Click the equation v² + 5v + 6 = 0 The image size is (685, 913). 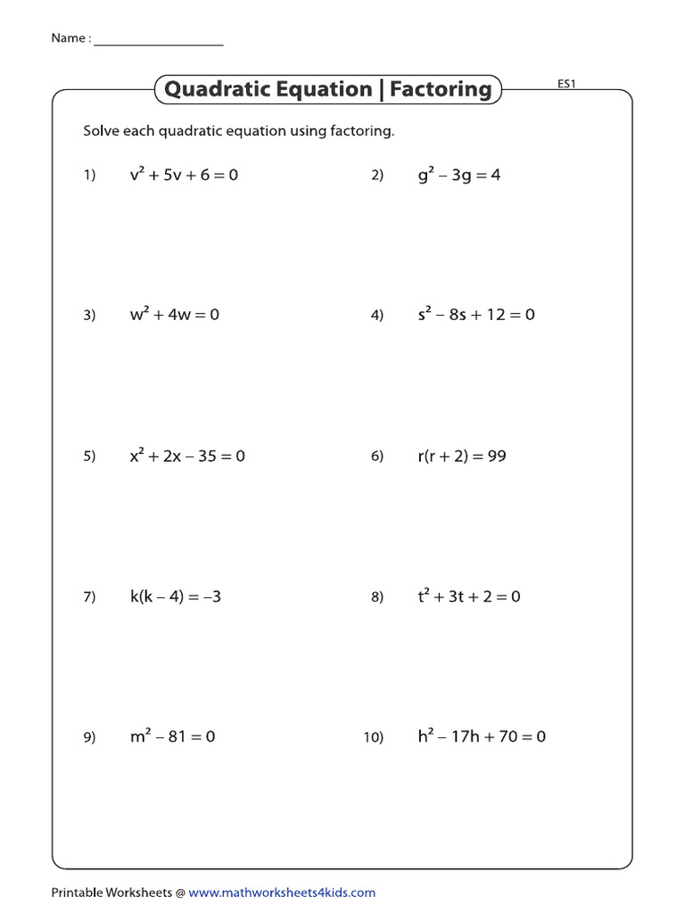184,176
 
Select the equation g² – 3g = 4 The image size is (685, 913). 458,176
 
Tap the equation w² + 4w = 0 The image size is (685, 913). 174,315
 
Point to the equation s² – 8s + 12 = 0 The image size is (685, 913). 475,315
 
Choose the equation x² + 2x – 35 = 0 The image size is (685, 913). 187,456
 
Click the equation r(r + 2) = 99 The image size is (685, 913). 461,456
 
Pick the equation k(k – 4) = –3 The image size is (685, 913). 175,596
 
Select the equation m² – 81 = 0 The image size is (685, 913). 172,736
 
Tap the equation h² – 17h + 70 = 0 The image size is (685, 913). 481,736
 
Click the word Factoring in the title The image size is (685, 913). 441,89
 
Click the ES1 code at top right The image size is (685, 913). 566,85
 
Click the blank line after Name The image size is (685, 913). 158,41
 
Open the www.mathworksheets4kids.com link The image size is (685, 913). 282,892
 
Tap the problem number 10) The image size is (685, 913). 373,737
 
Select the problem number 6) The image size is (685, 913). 376,456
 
